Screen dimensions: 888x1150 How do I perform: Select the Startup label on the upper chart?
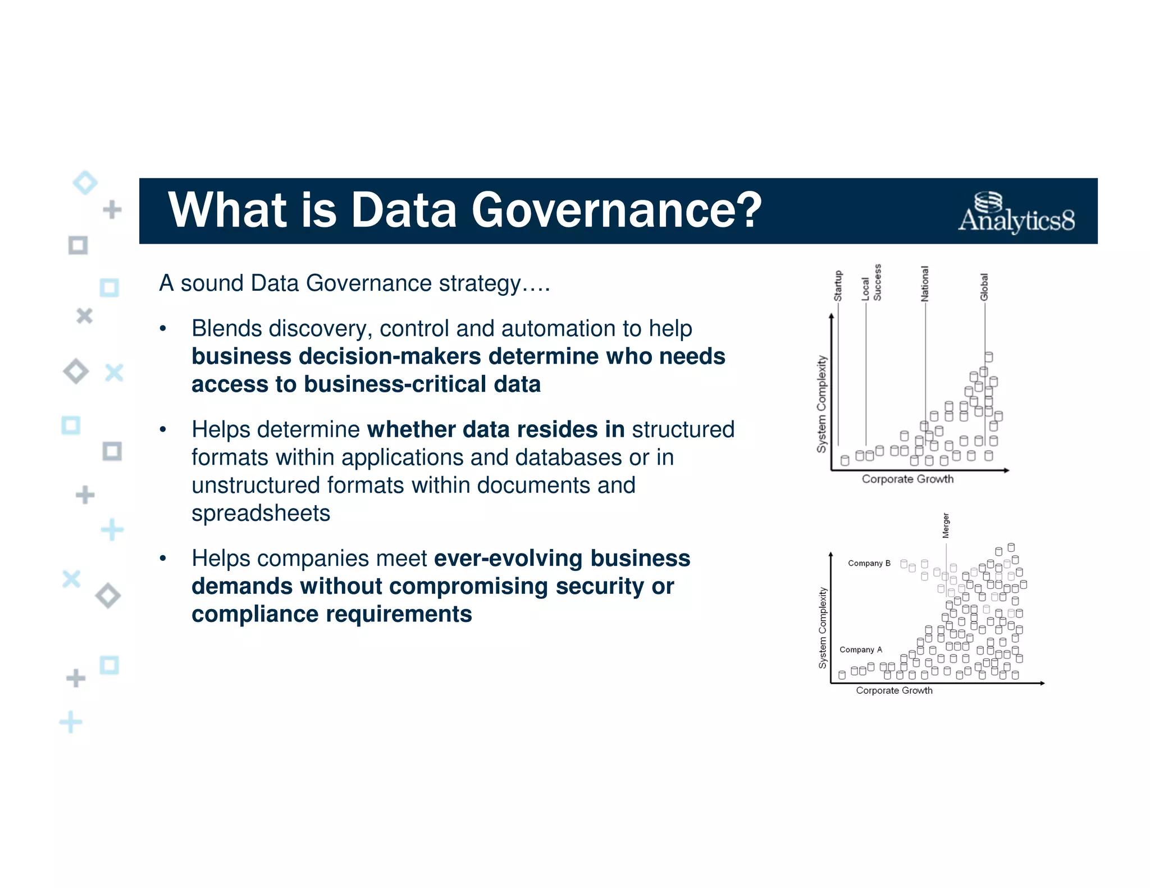point(838,286)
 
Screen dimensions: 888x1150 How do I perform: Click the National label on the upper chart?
point(925,284)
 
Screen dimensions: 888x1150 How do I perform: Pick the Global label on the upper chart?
point(984,287)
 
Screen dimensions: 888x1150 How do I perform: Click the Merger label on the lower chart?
point(946,525)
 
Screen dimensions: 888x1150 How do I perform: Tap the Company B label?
point(869,563)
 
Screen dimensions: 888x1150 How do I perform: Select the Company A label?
point(860,649)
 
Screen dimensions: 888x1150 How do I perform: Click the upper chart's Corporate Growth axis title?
point(907,479)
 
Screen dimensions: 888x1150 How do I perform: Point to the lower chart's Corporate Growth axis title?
point(894,690)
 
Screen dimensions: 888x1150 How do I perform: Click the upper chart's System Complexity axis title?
point(822,404)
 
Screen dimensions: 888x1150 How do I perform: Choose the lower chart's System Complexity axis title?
point(823,628)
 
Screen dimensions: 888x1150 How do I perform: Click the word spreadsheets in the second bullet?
point(261,514)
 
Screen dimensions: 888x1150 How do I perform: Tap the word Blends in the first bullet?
point(227,328)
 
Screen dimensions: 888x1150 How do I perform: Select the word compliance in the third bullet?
point(255,615)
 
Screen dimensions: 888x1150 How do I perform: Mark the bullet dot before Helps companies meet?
point(163,559)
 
